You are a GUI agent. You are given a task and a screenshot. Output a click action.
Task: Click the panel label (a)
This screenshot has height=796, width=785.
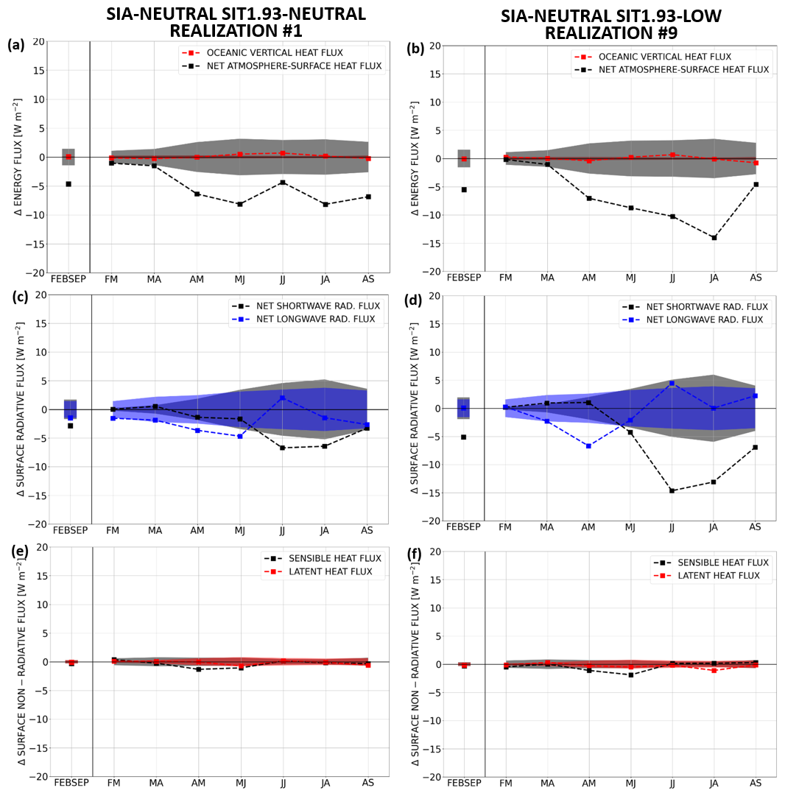[16, 45]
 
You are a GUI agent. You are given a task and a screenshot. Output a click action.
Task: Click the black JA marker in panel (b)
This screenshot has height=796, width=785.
[714, 237]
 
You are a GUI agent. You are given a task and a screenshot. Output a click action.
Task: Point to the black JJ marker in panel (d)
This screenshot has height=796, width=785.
[672, 490]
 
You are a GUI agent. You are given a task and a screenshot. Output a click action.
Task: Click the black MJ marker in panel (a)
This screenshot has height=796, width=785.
[240, 204]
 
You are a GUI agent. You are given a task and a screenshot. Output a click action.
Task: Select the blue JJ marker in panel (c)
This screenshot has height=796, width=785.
[283, 398]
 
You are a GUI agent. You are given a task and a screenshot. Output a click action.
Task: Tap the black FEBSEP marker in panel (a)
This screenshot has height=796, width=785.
[68, 183]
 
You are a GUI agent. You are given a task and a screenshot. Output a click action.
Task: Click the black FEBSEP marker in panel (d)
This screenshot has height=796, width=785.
[464, 437]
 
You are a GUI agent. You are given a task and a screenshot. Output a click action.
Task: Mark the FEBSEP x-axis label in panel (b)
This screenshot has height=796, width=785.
[464, 278]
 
